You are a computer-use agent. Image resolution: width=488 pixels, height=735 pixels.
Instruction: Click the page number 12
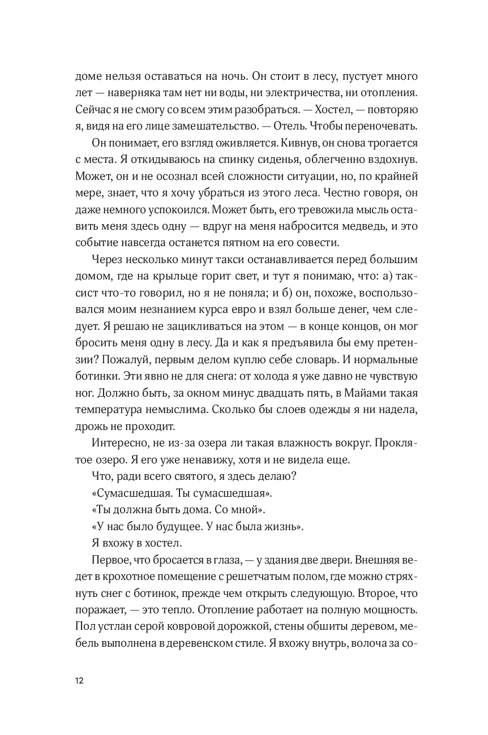click(79, 681)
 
